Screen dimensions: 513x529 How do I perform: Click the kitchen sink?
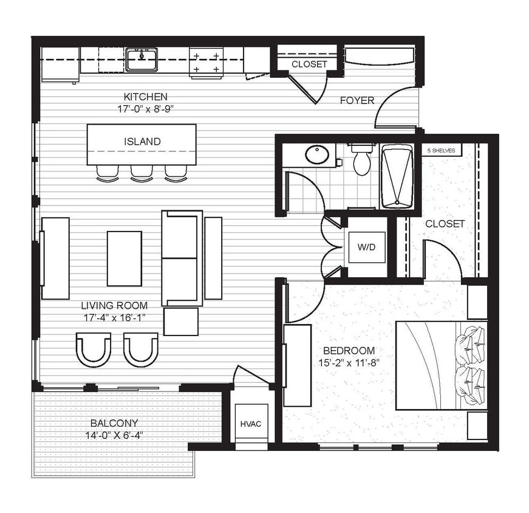coord(141,60)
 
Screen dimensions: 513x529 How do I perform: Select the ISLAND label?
coord(142,142)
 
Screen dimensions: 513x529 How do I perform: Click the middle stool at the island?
coord(142,174)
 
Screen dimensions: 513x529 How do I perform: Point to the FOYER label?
coord(357,100)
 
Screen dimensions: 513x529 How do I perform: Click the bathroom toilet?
coord(362,159)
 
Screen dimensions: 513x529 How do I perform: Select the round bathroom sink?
coord(317,154)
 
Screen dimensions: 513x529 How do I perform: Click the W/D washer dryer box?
coord(366,247)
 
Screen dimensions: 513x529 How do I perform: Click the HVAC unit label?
coord(251,424)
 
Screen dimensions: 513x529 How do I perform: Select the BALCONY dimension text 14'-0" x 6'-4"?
coord(115,435)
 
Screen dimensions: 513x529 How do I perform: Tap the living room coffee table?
coord(125,258)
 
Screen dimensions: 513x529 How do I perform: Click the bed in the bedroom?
coord(442,365)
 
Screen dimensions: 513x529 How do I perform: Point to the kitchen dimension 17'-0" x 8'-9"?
coord(145,109)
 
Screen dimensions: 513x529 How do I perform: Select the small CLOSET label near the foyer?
coord(309,64)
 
